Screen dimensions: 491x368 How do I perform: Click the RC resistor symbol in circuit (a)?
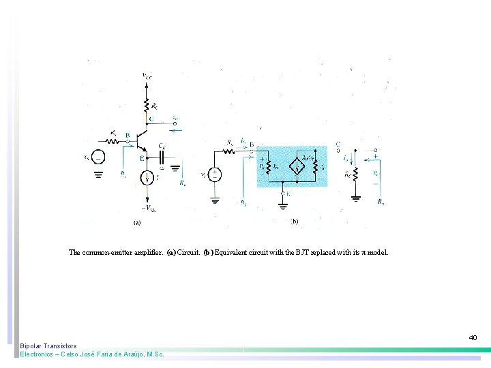tap(145, 105)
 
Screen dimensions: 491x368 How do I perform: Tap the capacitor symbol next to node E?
tap(162, 156)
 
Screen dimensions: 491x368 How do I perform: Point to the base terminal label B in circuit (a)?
tap(127, 135)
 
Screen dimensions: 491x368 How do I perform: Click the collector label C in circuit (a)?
tap(151, 119)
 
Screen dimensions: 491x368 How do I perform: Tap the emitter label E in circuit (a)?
tap(142, 158)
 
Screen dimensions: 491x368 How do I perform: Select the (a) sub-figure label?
tap(136, 221)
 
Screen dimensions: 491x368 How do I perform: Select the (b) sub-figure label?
tap(294, 221)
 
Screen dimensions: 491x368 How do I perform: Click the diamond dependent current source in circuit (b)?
tap(297, 166)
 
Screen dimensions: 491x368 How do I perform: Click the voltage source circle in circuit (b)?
tap(215, 174)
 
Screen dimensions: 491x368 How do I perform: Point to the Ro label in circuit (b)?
tap(381, 201)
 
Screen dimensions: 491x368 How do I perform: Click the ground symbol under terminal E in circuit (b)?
tap(283, 204)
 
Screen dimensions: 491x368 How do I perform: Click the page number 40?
tap(473, 337)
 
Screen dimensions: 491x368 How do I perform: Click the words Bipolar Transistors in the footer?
tap(48, 346)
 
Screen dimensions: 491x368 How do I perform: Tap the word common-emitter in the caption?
tap(111, 252)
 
